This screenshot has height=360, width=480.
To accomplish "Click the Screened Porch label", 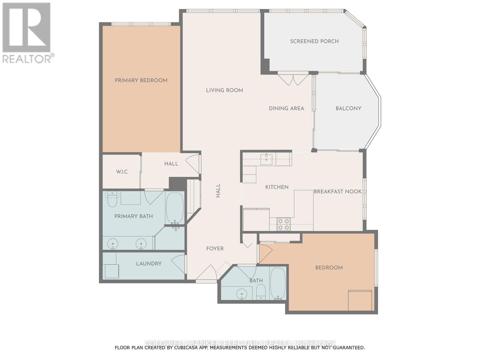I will pos(314,41).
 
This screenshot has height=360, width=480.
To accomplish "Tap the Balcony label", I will pos(348,108).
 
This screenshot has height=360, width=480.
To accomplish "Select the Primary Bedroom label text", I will pos(141,80).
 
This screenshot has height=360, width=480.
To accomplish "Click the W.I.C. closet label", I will pos(122,172).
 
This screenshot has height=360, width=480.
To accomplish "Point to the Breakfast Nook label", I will pos(337,191).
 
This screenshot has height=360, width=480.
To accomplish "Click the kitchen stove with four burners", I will pos(283,224).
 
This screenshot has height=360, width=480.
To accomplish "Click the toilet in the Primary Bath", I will pos(112,201).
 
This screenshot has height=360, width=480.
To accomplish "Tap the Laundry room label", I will pos(149,264).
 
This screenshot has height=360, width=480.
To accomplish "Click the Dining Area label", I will pos(286,108).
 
